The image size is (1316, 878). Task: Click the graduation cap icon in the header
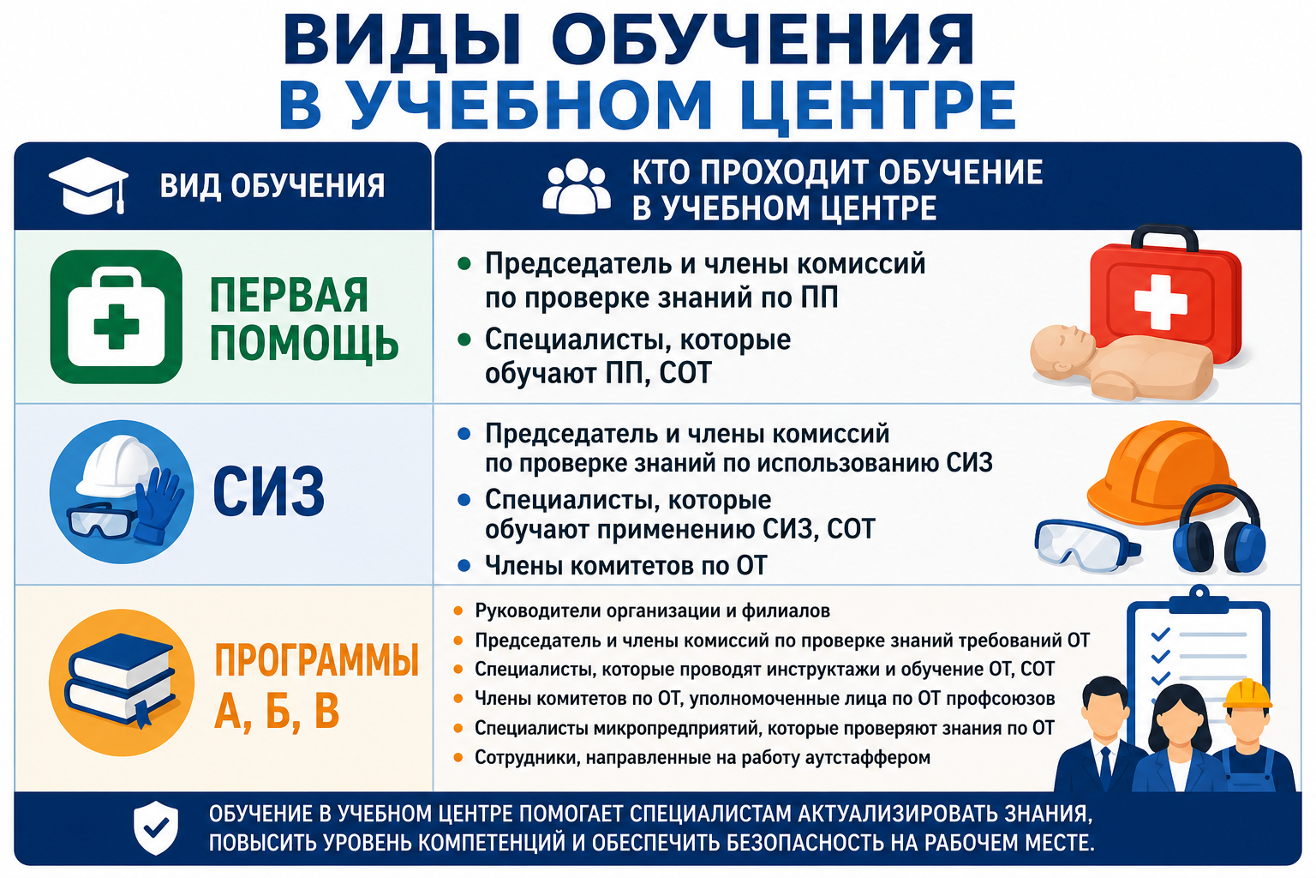point(88,185)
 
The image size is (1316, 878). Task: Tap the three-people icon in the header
point(577,186)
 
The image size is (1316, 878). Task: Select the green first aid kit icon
point(117,317)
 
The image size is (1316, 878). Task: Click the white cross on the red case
point(1160,302)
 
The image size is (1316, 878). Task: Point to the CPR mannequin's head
point(1062,352)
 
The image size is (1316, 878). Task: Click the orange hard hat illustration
point(1160,472)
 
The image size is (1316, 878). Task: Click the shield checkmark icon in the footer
point(156,827)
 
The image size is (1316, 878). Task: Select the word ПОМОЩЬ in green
point(304,344)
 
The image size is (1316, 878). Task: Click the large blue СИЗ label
point(268,491)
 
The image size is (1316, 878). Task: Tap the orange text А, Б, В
point(277,711)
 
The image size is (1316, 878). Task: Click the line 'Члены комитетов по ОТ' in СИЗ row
point(625,566)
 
